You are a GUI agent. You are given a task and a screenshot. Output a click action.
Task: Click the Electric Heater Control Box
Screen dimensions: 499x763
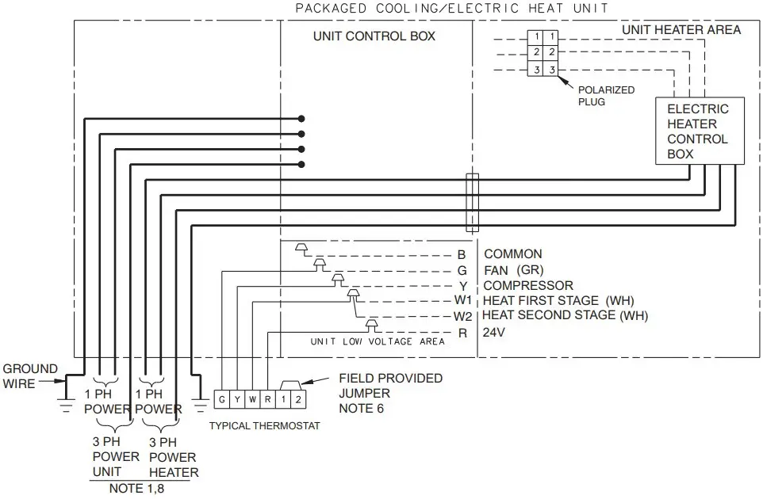(x=698, y=131)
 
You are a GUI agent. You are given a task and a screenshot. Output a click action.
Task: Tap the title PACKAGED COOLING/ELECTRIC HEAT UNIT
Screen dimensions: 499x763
(x=451, y=9)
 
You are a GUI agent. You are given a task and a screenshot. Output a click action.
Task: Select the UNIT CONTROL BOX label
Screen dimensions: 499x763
(x=374, y=36)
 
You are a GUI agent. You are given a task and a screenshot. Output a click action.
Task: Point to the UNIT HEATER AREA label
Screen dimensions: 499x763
(x=681, y=30)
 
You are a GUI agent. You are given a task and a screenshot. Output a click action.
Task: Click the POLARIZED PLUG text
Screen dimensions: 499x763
(x=606, y=96)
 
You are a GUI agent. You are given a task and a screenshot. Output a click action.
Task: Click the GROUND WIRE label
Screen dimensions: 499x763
(x=30, y=375)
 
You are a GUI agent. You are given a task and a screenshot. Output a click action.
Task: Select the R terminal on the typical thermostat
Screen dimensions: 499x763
(x=268, y=398)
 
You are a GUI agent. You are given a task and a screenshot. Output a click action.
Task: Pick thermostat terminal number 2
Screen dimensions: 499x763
(x=297, y=398)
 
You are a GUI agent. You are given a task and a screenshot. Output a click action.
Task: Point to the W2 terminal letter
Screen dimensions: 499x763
(x=462, y=316)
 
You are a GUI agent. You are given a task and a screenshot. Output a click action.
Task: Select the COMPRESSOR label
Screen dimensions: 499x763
(x=528, y=285)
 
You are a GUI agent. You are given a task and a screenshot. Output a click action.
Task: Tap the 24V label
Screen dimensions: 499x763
(x=494, y=332)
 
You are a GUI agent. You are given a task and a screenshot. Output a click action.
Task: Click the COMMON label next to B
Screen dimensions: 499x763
(x=512, y=254)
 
